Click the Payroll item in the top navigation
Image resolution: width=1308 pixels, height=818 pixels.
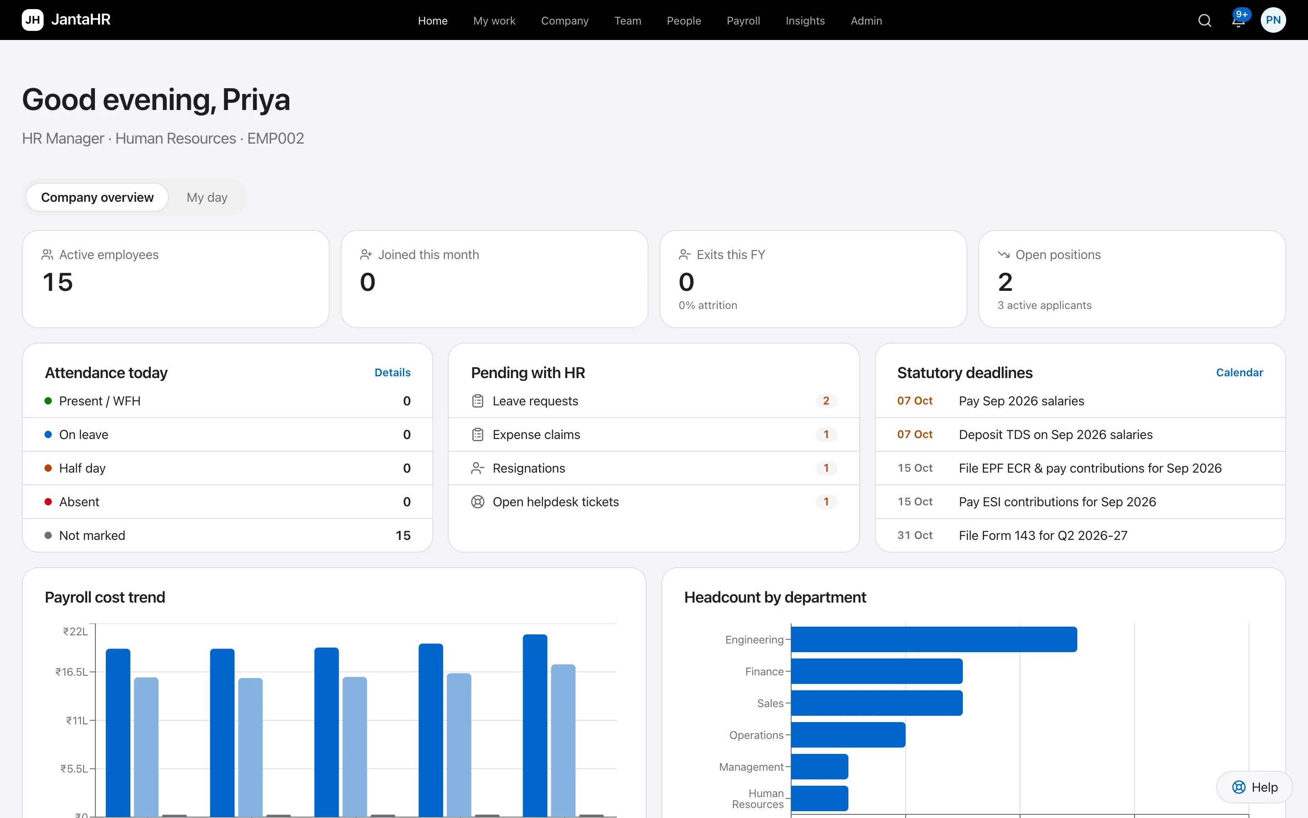(743, 20)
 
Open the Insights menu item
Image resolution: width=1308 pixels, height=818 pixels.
(805, 20)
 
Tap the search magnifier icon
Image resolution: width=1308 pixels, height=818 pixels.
(1205, 20)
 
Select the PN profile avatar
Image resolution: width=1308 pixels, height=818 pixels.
(1273, 20)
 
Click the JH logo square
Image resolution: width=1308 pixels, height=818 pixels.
(32, 20)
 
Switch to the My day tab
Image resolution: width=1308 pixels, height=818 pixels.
(207, 198)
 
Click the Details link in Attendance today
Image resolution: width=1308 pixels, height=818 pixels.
(392, 373)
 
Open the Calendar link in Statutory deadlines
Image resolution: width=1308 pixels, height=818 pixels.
(1239, 373)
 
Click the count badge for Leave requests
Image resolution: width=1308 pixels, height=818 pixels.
(826, 401)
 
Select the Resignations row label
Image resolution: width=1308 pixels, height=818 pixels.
(529, 469)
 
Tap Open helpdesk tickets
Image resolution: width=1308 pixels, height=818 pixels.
(555, 502)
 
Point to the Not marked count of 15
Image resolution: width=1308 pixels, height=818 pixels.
(403, 536)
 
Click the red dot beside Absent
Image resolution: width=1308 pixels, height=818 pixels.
(48, 502)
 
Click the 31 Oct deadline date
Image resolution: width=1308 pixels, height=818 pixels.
(915, 536)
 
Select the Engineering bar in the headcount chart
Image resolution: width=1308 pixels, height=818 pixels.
(934, 639)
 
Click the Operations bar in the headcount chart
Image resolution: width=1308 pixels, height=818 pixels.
(848, 735)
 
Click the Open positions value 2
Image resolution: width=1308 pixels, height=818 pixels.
(1006, 282)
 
